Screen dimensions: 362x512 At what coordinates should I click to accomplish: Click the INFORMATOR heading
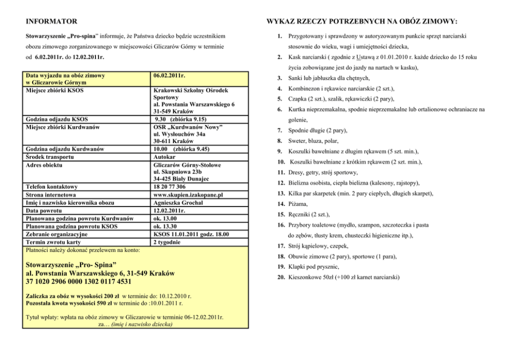(x=52, y=21)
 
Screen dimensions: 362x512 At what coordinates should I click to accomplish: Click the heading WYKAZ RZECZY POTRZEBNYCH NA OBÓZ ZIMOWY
(x=362, y=21)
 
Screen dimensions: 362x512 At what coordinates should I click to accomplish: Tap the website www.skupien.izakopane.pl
(x=188, y=195)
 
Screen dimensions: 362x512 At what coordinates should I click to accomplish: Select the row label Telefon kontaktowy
(x=52, y=186)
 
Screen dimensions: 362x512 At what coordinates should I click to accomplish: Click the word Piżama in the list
(x=298, y=204)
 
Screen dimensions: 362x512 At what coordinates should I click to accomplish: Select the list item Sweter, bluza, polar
(x=314, y=140)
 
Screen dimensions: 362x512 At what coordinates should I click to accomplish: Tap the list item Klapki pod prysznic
(x=313, y=266)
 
